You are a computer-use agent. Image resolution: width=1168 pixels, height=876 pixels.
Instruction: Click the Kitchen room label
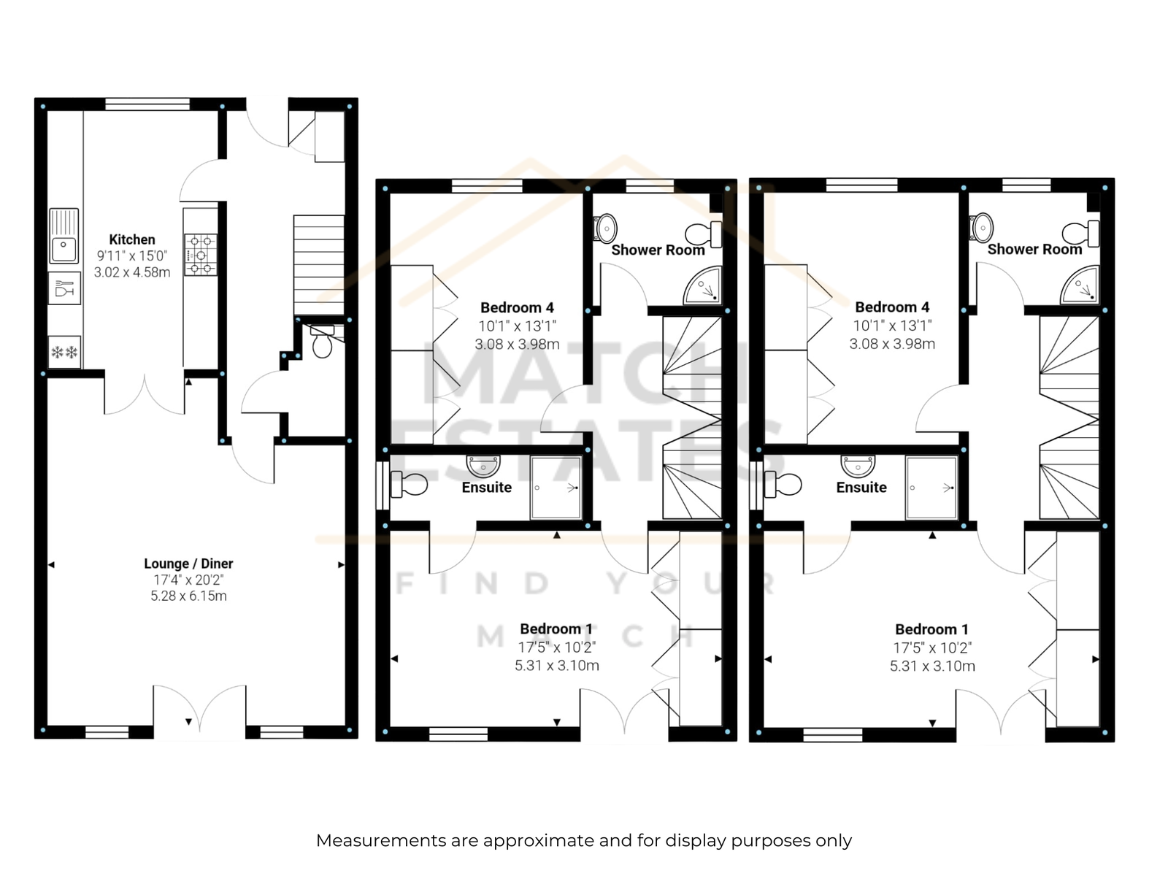click(132, 239)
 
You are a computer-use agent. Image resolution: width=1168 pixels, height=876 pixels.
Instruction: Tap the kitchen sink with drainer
click(64, 236)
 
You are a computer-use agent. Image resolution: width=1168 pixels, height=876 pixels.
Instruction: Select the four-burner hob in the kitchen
click(201, 255)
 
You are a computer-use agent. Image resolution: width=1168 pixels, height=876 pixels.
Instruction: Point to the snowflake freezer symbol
click(64, 352)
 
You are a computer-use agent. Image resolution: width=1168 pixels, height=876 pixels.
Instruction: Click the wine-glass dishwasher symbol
click(64, 288)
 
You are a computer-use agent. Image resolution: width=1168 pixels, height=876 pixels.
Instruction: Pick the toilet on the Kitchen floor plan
click(322, 342)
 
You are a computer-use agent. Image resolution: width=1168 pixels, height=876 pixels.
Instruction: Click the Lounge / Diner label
click(188, 564)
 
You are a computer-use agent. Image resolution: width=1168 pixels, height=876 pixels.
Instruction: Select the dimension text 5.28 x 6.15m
click(188, 596)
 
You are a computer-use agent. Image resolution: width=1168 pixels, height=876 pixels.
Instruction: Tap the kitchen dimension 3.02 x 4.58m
click(132, 272)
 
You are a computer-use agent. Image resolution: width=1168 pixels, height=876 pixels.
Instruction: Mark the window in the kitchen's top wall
click(147, 104)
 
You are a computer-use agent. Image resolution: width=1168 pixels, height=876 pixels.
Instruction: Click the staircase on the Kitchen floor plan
click(319, 266)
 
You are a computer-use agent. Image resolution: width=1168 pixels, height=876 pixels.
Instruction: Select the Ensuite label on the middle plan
click(486, 487)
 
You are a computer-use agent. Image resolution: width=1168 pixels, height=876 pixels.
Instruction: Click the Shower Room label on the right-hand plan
click(1034, 249)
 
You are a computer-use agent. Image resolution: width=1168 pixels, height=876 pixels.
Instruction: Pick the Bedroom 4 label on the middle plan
click(517, 307)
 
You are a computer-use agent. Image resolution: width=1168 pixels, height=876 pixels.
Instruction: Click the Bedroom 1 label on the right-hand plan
click(931, 629)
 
